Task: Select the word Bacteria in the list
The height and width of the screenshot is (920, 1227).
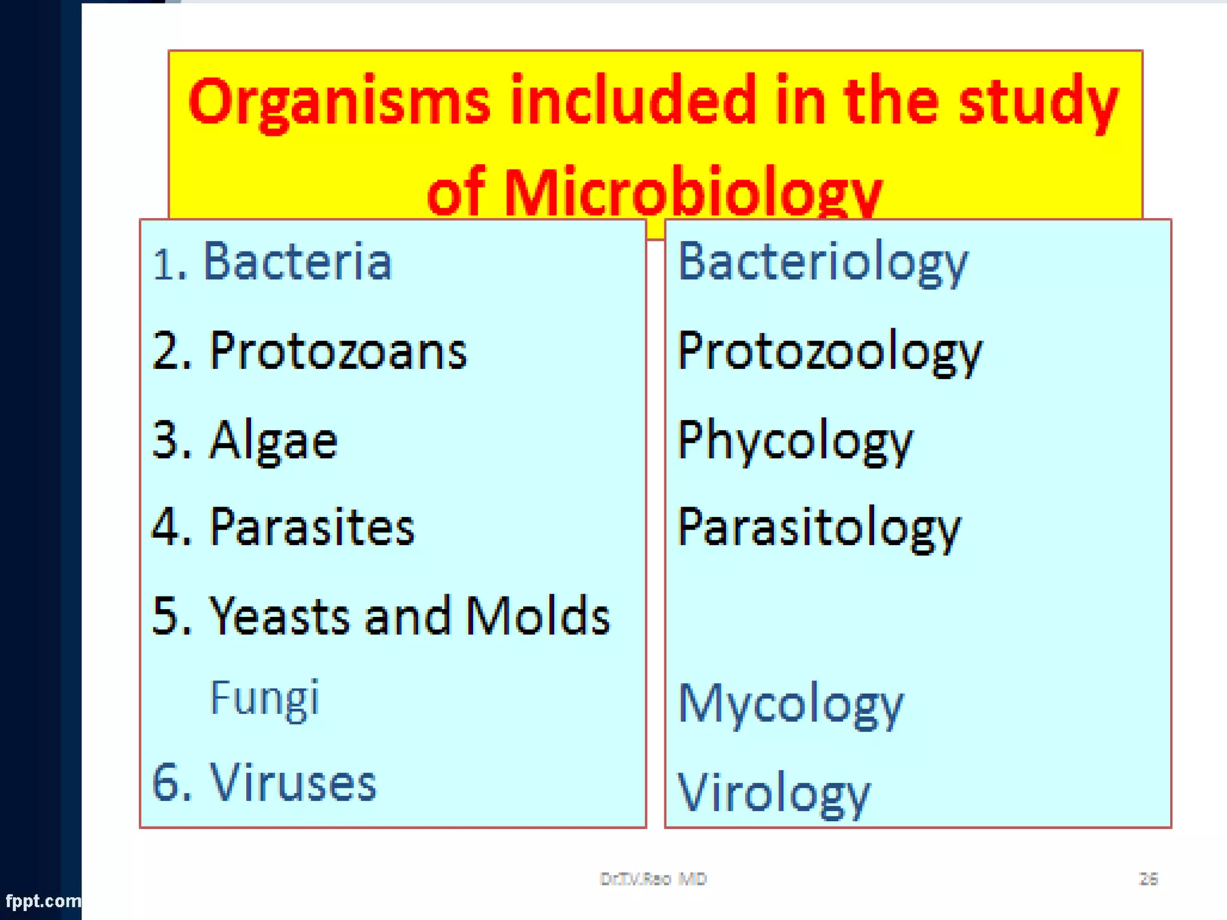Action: pyautogui.click(x=298, y=262)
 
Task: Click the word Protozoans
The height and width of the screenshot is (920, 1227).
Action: pyautogui.click(x=338, y=351)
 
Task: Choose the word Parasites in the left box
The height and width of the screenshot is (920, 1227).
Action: pyautogui.click(x=312, y=528)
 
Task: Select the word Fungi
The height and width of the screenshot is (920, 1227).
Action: pyautogui.click(x=264, y=698)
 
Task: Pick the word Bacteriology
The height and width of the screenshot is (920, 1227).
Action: pyautogui.click(x=822, y=262)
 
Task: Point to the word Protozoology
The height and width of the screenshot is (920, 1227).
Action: pyautogui.click(x=829, y=352)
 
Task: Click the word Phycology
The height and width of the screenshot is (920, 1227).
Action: pyautogui.click(x=794, y=441)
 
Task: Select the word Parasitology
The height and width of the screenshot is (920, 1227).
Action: pyautogui.click(x=818, y=528)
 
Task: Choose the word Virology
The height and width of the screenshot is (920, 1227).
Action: pyautogui.click(x=773, y=793)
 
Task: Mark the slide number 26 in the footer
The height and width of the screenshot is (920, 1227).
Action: pyautogui.click(x=1148, y=879)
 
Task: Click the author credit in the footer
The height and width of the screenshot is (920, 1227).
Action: pyautogui.click(x=653, y=879)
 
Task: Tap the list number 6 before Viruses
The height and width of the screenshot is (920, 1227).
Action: pyautogui.click(x=166, y=782)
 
